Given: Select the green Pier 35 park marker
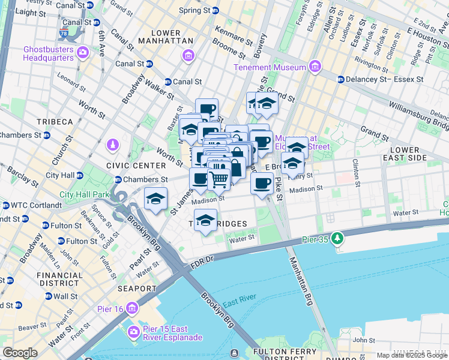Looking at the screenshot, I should point(338,239).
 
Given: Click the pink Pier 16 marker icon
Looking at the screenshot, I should point(131,308).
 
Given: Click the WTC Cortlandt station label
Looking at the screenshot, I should point(31,205).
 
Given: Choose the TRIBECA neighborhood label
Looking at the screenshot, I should point(54,122).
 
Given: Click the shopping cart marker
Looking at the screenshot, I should point(218,178).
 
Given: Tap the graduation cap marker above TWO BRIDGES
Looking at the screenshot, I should point(205,220).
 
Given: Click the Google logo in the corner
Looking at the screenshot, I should point(20,353).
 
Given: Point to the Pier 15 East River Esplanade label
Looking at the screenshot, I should point(172,334).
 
